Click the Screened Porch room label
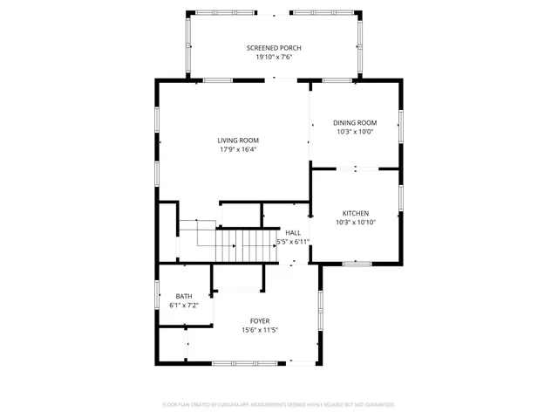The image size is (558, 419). pos(273,47)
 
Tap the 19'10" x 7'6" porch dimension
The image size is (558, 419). pos(273,57)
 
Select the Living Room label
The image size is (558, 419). pos(238,140)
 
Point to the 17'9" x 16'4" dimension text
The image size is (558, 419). pos(238,149)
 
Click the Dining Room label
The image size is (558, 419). pos(356,122)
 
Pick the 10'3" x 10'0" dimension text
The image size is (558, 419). pos(356,132)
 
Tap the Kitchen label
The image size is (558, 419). pos(356,213)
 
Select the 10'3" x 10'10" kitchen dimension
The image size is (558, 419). pos(356,223)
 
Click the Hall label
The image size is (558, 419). pos(293,232)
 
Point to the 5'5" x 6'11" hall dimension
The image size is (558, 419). pos(293,242)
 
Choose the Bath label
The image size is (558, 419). pos(183,296)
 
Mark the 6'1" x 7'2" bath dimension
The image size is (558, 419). pos(183,306)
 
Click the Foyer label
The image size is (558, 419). pos(260,320)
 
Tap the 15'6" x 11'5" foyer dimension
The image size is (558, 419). pos(260,330)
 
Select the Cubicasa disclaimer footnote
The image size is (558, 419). pos(279,404)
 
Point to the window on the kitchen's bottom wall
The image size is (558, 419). pos(357,262)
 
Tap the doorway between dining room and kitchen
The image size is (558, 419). pos(356,168)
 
